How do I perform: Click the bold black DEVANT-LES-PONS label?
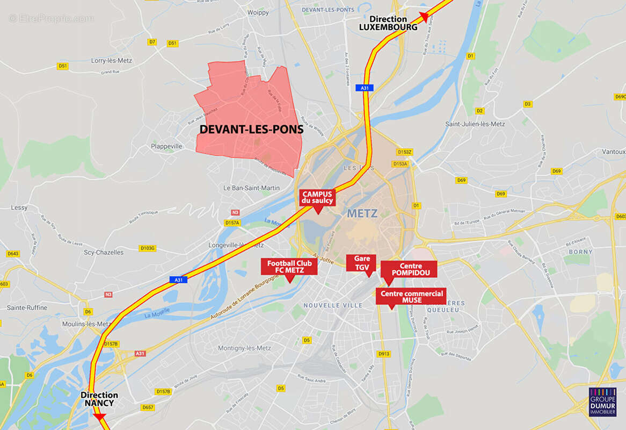(x=251, y=130)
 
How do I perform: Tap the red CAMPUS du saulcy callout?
(x=318, y=197)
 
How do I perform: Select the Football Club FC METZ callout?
(x=289, y=267)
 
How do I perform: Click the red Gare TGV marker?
(x=362, y=262)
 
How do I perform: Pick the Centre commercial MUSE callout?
(x=411, y=297)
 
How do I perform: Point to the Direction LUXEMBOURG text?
(x=388, y=23)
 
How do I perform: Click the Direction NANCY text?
(x=99, y=399)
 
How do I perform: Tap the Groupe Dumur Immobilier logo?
(x=602, y=402)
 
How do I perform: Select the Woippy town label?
(x=258, y=12)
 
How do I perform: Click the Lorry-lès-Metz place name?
(x=112, y=61)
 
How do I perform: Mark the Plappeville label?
(x=166, y=146)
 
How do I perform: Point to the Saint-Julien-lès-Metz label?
(x=475, y=124)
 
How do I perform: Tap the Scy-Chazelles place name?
(x=104, y=252)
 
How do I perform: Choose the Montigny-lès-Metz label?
(x=244, y=348)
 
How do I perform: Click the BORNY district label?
(x=580, y=252)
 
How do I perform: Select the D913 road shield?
(x=383, y=354)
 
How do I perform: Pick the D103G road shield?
(x=147, y=248)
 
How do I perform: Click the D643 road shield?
(x=13, y=254)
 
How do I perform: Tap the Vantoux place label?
(x=613, y=152)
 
